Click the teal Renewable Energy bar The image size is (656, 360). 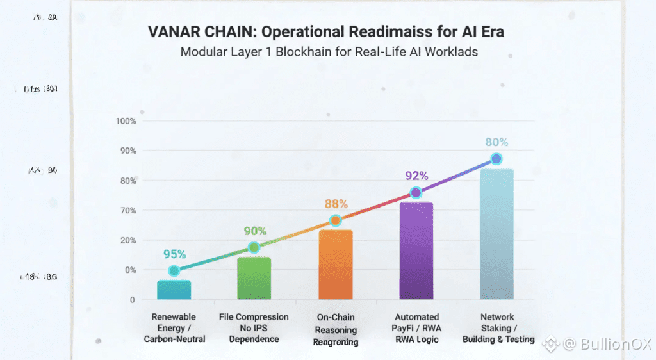coord(174,290)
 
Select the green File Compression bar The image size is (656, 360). coord(254,279)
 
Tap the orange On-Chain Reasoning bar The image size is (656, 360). coord(335,265)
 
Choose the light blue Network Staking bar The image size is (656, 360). coord(496,234)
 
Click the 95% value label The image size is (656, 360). coord(174,254)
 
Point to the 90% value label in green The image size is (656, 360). coord(255,231)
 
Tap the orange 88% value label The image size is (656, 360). coord(336,204)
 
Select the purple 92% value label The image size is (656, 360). coord(416,176)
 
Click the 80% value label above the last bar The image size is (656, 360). coord(496,142)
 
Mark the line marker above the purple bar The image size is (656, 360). coord(416,193)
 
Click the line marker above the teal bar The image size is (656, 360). coord(174,271)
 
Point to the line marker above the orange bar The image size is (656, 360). coord(335,221)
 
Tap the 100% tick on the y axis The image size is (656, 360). coord(125,121)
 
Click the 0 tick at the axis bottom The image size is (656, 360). coord(132,300)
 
